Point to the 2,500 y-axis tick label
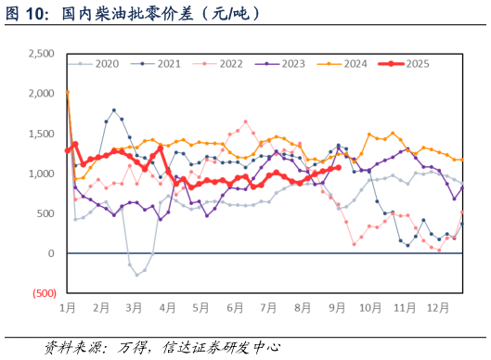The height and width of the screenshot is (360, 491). (41, 54)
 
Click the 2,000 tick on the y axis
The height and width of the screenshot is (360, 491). (41, 94)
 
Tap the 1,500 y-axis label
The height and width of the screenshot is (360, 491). (41, 134)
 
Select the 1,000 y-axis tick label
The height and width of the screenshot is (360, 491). (41, 174)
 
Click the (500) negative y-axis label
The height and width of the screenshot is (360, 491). (44, 293)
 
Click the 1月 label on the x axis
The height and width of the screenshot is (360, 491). (67, 307)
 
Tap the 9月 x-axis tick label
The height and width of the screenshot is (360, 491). (336, 307)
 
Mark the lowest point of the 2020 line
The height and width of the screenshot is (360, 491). (136, 275)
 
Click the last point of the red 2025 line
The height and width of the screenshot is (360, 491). (338, 168)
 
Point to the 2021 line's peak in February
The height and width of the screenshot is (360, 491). (114, 109)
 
